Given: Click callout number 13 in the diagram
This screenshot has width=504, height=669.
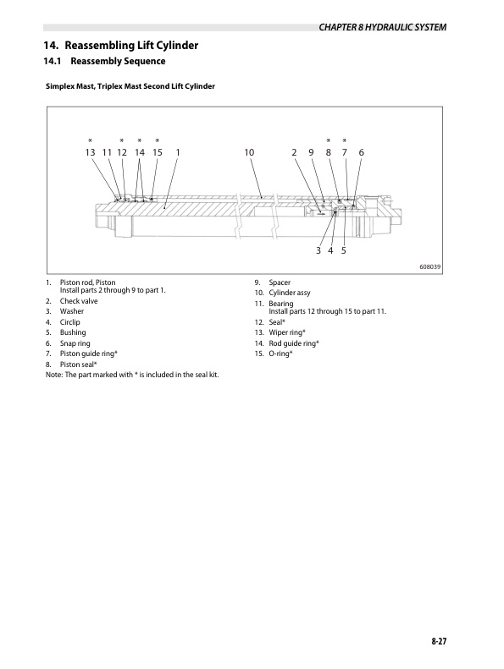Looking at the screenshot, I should (89, 152).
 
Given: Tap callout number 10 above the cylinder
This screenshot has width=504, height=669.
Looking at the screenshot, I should (249, 152).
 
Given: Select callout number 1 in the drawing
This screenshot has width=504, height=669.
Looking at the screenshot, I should (178, 152).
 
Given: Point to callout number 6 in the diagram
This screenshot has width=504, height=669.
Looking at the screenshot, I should (361, 152).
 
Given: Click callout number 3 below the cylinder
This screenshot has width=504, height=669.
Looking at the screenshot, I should (318, 251).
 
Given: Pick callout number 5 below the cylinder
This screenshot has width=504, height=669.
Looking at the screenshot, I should (343, 251).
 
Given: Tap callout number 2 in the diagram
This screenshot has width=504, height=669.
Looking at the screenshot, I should (294, 152).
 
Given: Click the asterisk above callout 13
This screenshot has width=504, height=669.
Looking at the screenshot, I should (89, 140).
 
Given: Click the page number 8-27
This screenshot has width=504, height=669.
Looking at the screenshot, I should (437, 644).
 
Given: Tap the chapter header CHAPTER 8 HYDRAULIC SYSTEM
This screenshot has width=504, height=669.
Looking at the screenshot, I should (382, 28).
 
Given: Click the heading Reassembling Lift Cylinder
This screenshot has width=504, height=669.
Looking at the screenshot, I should (121, 45).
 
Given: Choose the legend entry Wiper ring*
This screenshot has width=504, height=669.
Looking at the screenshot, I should (288, 332).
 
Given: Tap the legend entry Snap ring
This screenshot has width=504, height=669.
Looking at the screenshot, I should (75, 343).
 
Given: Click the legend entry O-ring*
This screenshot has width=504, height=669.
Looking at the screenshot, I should (280, 353).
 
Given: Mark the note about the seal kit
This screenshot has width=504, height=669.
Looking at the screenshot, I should (132, 374).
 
